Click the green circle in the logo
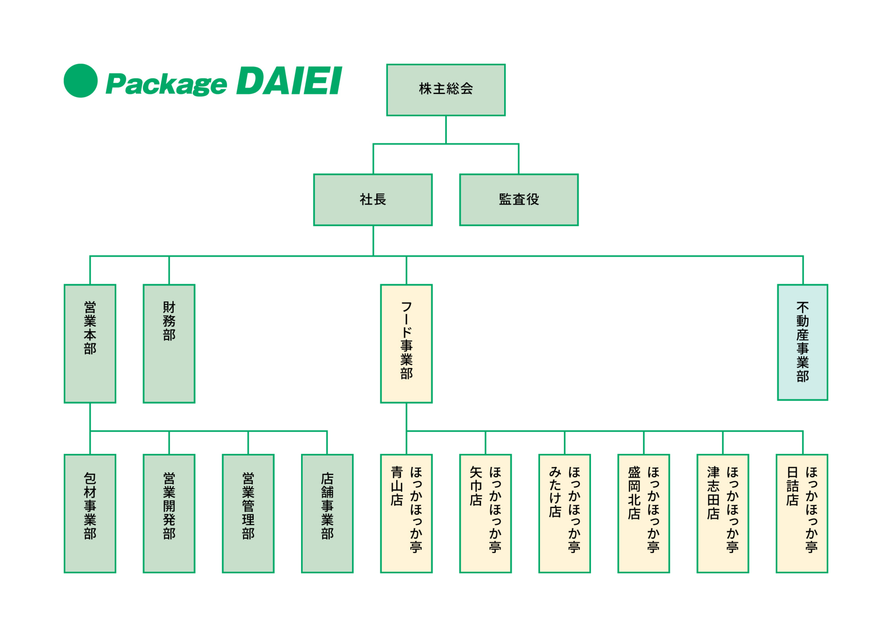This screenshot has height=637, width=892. point(80,81)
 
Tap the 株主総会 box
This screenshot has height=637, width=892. point(446,90)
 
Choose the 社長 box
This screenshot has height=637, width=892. point(373,200)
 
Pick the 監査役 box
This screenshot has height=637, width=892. point(518,200)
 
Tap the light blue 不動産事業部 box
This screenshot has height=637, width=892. point(803,342)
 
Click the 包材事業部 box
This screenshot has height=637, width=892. point(90,513)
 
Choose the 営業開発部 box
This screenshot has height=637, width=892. point(169,513)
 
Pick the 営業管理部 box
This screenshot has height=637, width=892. point(248,513)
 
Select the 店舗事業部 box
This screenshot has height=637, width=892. point(327,513)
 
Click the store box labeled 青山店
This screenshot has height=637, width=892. point(406,513)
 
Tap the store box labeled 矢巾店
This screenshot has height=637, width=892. point(485,513)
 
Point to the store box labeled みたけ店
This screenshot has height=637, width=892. point(564,513)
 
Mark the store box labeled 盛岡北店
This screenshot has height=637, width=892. point(643,513)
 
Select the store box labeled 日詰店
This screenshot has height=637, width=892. point(802,513)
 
